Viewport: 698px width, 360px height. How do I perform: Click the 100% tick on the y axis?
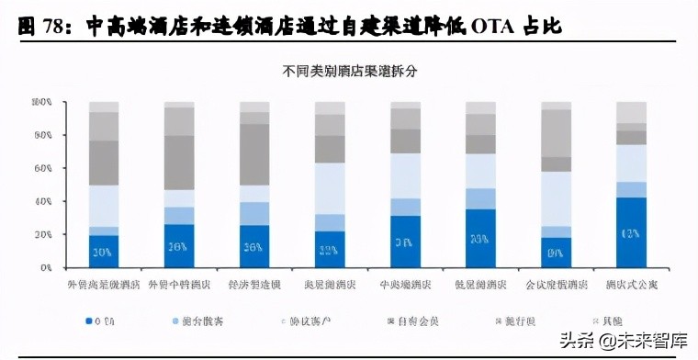coord(41,102)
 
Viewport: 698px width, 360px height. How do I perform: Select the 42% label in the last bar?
coord(632,233)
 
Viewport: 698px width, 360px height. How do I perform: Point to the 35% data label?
coord(480,239)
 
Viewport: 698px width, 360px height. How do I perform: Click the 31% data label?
coord(405,242)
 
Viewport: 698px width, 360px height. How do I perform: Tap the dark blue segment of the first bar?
coord(104,251)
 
